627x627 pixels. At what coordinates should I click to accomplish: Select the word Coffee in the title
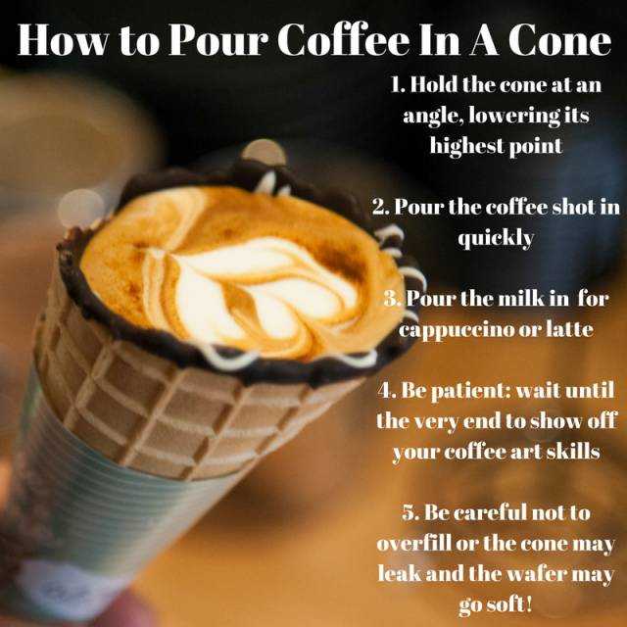344,38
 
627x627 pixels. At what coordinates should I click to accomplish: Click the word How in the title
63,39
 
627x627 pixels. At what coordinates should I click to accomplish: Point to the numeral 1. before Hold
398,85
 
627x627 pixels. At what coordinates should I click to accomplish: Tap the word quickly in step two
496,239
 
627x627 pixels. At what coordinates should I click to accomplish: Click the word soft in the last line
509,603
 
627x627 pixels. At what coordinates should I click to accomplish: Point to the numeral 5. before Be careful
410,512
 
